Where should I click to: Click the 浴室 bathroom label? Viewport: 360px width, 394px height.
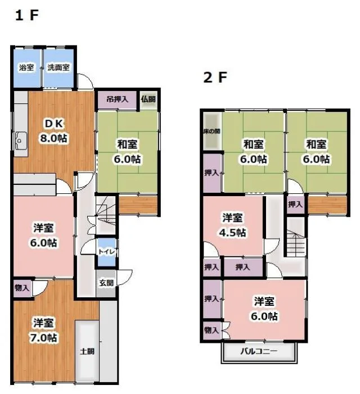(x=26, y=67)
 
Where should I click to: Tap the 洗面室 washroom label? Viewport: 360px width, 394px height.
(x=58, y=67)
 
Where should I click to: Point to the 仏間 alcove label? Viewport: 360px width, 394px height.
(x=148, y=99)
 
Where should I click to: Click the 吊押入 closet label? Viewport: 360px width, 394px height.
(x=118, y=99)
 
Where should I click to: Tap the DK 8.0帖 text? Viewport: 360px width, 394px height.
(x=53, y=131)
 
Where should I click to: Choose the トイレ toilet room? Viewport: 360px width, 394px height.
(x=107, y=252)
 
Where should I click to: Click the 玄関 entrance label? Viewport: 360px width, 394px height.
(x=106, y=283)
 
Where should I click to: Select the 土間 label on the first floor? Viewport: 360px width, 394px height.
(x=87, y=351)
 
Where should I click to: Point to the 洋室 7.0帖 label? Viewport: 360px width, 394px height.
(x=44, y=330)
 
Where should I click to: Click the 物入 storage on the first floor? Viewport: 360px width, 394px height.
(x=22, y=288)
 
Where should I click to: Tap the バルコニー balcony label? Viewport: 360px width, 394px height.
(x=259, y=351)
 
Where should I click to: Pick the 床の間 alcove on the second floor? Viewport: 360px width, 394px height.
(x=212, y=131)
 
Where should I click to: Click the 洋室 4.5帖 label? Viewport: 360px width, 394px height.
(x=232, y=225)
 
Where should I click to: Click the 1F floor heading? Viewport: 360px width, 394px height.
(x=27, y=15)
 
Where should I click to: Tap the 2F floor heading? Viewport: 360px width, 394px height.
(x=215, y=78)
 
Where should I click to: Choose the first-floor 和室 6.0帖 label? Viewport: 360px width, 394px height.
(x=127, y=152)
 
